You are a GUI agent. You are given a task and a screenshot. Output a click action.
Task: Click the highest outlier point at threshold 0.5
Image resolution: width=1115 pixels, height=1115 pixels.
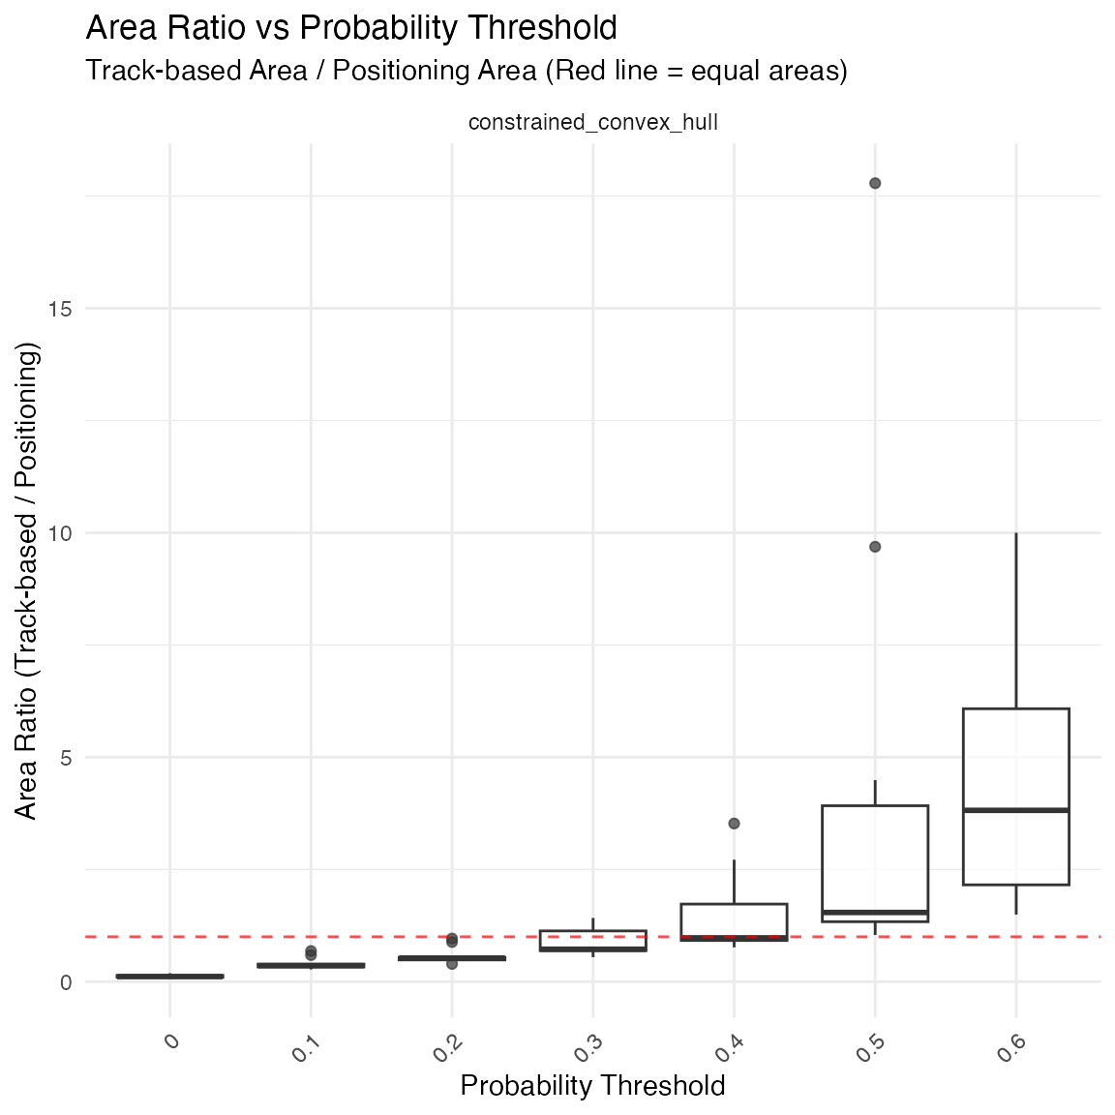(875, 183)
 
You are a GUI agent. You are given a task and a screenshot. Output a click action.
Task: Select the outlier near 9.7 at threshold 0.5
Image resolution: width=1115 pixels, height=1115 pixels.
(875, 547)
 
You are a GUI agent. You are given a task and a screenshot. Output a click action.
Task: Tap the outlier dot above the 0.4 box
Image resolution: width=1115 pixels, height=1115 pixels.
(734, 824)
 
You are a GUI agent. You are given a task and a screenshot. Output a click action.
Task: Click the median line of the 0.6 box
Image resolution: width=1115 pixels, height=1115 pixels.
(1016, 809)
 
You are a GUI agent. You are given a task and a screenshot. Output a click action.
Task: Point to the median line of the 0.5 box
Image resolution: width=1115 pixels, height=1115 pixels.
(875, 912)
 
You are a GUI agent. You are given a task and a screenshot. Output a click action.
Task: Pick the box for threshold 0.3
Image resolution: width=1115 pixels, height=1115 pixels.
(593, 940)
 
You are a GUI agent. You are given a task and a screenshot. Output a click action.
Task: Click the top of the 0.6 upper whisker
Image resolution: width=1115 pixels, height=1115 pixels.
(1016, 533)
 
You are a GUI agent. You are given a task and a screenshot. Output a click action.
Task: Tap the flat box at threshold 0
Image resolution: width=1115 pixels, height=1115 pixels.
(170, 976)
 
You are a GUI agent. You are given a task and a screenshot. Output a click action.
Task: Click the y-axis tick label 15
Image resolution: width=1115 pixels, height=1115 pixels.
(61, 309)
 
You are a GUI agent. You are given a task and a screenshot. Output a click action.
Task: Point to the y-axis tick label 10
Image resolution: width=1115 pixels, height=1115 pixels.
(61, 533)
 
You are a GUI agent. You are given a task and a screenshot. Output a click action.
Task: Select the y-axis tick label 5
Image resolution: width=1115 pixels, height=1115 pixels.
(66, 758)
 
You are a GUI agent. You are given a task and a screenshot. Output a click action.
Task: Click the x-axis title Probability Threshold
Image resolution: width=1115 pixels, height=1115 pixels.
(592, 1086)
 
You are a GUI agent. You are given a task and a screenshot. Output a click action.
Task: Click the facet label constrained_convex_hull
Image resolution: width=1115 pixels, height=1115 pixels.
(592, 123)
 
